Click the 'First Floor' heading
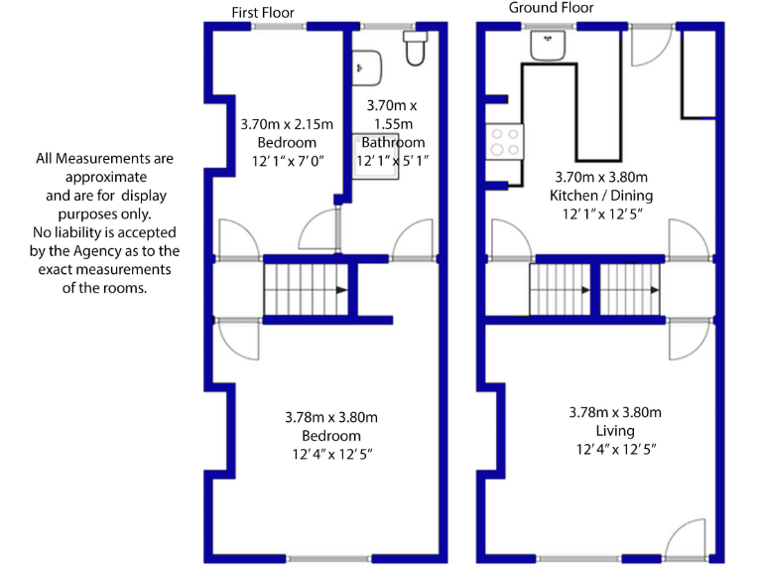pos(263,12)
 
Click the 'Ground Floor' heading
pos(551,8)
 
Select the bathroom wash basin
pos(367,65)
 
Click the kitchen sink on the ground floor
pos(547,45)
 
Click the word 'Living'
pos(615,431)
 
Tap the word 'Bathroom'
pos(392,142)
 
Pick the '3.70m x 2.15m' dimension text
pos(287,125)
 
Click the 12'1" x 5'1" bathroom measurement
pos(393,160)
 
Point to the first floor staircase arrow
pos(340,290)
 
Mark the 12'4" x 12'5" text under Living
pos(615,449)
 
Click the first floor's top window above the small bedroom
pos(278,27)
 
